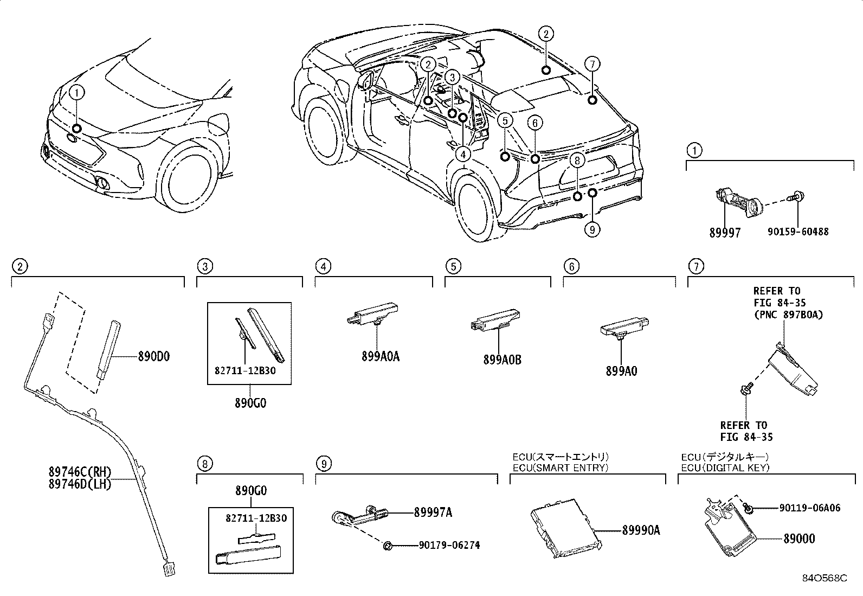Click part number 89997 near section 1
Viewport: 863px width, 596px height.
coord(725,232)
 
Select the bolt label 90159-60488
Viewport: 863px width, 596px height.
coord(798,232)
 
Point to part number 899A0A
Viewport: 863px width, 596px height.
coord(381,356)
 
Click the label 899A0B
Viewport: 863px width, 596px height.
coord(503,359)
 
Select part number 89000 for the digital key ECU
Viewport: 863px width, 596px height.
coord(799,539)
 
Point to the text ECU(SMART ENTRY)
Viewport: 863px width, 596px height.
coord(561,467)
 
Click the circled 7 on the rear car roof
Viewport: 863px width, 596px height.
coord(592,64)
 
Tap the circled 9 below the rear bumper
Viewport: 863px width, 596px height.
coord(592,230)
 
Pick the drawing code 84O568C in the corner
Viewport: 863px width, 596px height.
coord(826,578)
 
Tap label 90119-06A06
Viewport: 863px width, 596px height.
coord(810,508)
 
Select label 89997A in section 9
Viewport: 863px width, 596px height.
coord(433,512)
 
